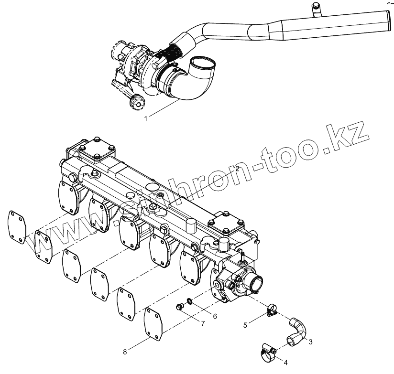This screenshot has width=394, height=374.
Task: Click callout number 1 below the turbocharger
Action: pos(146,117)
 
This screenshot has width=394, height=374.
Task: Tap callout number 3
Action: pos(311,342)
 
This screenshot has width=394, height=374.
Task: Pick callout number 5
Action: pos(245,325)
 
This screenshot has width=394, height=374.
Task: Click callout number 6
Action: pos(215,316)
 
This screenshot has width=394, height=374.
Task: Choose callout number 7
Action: pos(203,323)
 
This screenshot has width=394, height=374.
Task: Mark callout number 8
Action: pos(125,352)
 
